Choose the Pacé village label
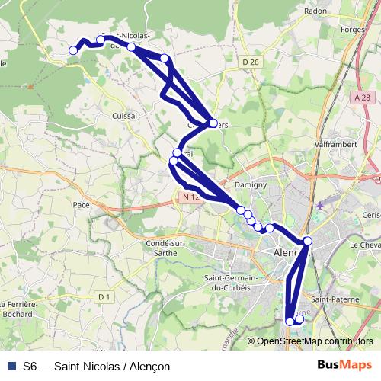pyautogui.click(x=80, y=206)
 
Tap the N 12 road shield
pyautogui.click(x=190, y=197)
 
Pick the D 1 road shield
pyautogui.click(x=104, y=296)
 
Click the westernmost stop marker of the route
pyautogui.click(x=74, y=50)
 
